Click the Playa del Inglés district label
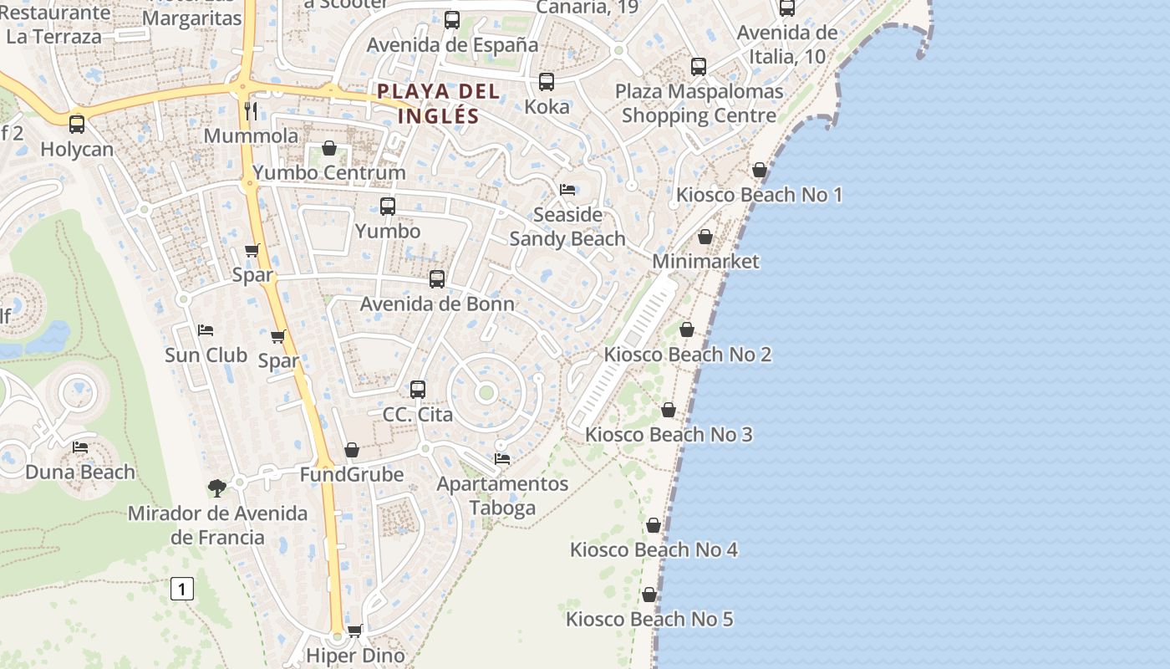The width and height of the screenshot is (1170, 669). tap(438, 103)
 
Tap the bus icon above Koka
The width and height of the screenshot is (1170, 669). tap(547, 82)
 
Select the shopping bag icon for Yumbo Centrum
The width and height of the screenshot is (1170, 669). tap(329, 149)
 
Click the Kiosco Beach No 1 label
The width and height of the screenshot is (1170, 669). tap(759, 195)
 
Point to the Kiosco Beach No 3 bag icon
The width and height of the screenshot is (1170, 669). tap(669, 410)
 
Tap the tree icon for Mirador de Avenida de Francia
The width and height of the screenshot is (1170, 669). tap(217, 487)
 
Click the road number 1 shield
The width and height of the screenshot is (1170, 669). tap(181, 589)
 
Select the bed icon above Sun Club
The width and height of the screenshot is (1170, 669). tap(206, 330)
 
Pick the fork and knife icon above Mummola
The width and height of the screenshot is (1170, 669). tap(251, 111)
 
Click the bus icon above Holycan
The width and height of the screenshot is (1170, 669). tap(77, 125)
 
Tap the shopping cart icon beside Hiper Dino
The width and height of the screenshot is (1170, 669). tap(355, 631)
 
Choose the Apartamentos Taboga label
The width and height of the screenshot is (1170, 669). tap(502, 495)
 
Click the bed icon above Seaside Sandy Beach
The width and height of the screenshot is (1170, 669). tap(567, 190)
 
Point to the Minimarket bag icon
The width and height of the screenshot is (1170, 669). tap(705, 237)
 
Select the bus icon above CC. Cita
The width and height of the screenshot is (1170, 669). tap(418, 390)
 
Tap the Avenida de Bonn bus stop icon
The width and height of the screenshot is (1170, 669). tap(437, 279)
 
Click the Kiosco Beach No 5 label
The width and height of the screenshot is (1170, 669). tap(649, 620)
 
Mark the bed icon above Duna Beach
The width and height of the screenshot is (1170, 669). tap(80, 447)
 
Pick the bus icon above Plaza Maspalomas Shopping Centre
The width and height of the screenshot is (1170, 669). tap(699, 67)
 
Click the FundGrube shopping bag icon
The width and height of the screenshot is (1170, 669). tap(352, 451)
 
